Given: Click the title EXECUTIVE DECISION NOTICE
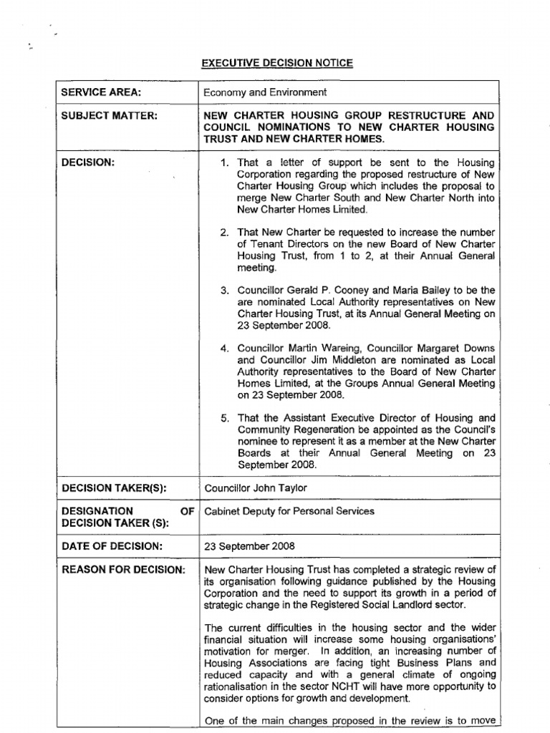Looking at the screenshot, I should pyautogui.click(x=276, y=64).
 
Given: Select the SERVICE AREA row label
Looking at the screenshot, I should pyautogui.click(x=101, y=92).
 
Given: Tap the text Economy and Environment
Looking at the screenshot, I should pyautogui.click(x=265, y=92).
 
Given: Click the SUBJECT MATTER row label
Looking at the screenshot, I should pyautogui.click(x=109, y=115).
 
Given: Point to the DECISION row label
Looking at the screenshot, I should pyautogui.click(x=88, y=163).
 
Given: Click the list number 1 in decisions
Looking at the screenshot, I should pyautogui.click(x=224, y=163).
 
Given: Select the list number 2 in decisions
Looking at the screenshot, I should pyautogui.click(x=224, y=233).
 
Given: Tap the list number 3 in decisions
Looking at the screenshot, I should pyautogui.click(x=224, y=291).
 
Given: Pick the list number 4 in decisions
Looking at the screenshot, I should pyautogui.click(x=224, y=349).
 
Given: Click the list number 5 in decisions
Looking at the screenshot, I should pyautogui.click(x=224, y=418).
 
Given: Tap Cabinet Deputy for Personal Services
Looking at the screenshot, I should pyautogui.click(x=289, y=511).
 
